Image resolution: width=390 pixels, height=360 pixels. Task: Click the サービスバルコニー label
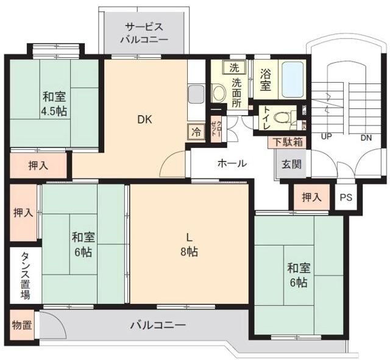pos(144,33)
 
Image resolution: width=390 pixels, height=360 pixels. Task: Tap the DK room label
pos(144,120)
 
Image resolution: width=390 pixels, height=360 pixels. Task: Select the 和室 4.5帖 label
pos(54,104)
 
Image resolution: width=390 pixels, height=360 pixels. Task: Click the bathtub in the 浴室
pos(292,79)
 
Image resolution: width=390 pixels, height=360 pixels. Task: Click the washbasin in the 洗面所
pos(219,93)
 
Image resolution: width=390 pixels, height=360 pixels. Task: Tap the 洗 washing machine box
pos(234,67)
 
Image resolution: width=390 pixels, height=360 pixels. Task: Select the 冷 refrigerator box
pos(196,132)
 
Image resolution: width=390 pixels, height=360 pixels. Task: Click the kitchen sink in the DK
pos(196,94)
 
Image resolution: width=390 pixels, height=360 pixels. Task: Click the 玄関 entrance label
pos(291,164)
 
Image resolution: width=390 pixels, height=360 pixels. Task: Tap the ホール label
pos(232,163)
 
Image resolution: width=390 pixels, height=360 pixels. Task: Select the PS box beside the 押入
pos(346,197)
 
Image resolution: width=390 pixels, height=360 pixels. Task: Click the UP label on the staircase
pos(327,136)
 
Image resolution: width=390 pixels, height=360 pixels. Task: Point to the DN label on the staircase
pos(366,138)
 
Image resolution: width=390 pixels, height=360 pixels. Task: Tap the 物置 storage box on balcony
pos(22,325)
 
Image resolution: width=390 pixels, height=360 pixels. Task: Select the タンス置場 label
pos(26,275)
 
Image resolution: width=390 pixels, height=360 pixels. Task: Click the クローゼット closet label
pos(216,129)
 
